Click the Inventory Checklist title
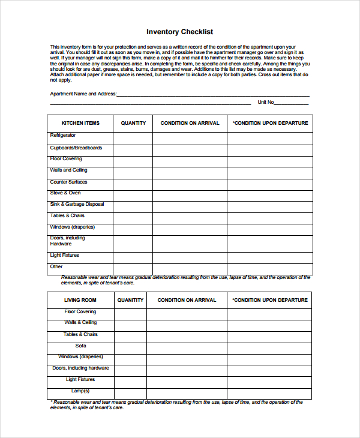(179, 32)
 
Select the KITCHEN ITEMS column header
(80, 123)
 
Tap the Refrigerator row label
(63, 136)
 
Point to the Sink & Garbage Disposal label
(77, 205)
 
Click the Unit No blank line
(292, 103)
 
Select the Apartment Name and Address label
(83, 94)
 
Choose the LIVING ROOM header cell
(80, 300)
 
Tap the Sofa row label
(80, 346)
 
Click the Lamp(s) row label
(80, 391)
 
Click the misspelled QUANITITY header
(130, 300)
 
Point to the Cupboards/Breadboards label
(76, 148)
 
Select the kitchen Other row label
(56, 266)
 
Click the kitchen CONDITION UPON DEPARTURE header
(270, 123)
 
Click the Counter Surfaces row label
(68, 182)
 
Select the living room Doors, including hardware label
(80, 368)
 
